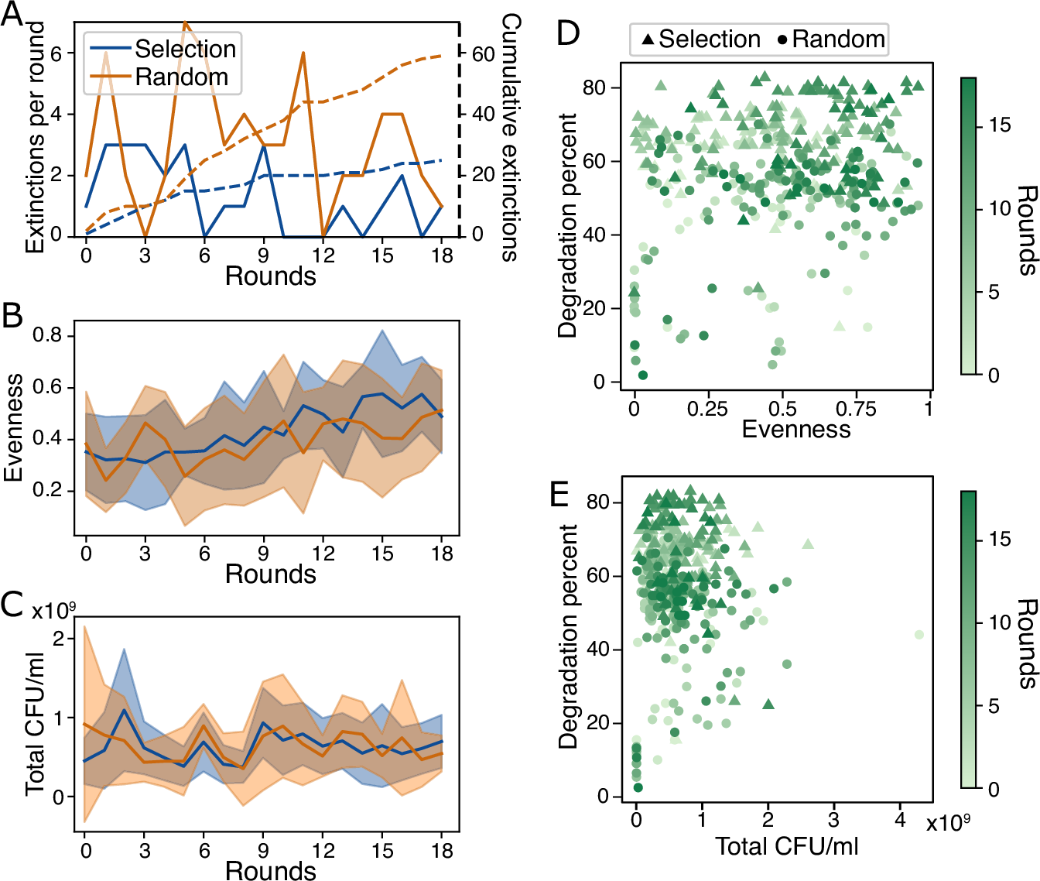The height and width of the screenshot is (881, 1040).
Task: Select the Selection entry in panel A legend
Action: [184, 49]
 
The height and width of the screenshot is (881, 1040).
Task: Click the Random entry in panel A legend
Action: [181, 77]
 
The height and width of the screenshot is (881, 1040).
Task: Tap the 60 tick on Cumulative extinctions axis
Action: [484, 54]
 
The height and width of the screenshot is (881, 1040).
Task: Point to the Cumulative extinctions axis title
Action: [510, 137]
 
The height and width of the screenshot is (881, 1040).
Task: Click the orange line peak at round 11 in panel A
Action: [303, 53]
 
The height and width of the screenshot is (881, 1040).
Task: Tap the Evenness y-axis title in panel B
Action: [13, 428]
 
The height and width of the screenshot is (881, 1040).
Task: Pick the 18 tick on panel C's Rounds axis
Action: [441, 850]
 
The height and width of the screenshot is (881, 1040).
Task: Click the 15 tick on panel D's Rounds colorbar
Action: [1001, 125]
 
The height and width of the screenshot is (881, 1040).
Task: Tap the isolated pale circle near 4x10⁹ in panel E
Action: [919, 635]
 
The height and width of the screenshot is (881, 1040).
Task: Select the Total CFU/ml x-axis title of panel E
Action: [786, 846]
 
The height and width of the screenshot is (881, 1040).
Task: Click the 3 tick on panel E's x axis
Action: [833, 820]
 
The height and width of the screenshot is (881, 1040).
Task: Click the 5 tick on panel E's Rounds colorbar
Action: [994, 706]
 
